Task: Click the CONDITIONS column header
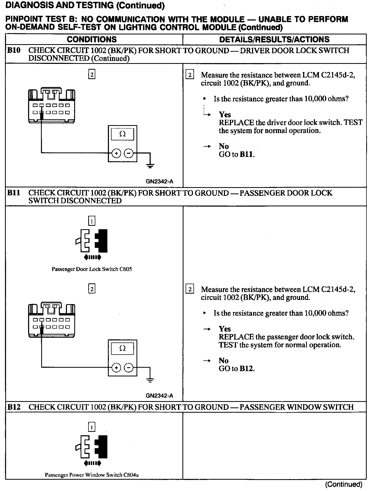pos(92,39)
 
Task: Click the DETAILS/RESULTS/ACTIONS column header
pos(274,39)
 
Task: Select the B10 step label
pos(14,50)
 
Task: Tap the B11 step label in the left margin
pos(14,193)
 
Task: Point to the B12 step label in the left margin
pos(14,407)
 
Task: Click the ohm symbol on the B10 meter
pos(122,134)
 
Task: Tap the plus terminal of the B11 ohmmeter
pos(116,367)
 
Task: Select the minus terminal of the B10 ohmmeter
pos(129,153)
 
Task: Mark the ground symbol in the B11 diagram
pos(150,380)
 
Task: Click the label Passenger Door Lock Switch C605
pos(92,269)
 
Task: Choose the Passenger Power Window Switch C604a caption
pos(92,475)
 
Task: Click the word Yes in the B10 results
pos(225,115)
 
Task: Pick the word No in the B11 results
pos(223,361)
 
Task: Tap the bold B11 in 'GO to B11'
pos(247,154)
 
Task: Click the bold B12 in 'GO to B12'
pos(247,369)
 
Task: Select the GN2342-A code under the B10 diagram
pos(159,181)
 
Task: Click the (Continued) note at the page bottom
pos(344,484)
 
